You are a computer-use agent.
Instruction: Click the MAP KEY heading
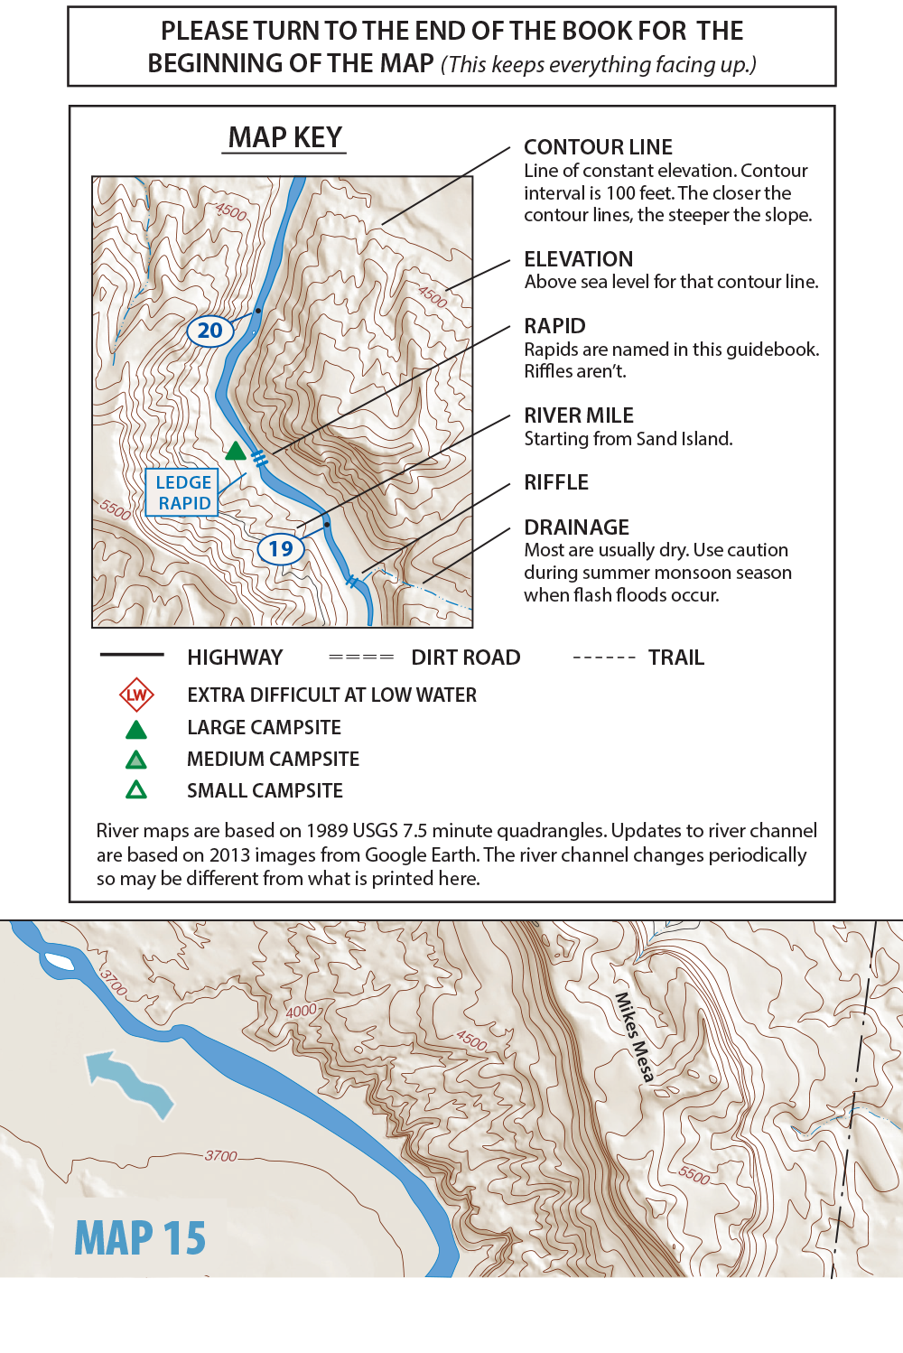click(x=284, y=137)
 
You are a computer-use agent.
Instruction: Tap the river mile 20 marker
click(x=209, y=331)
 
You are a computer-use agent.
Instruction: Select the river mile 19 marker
click(x=281, y=548)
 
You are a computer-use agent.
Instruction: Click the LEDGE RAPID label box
click(x=182, y=492)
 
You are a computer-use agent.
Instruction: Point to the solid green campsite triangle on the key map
click(x=236, y=451)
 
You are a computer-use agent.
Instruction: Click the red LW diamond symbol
click(x=136, y=695)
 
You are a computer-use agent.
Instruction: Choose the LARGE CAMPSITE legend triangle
click(x=136, y=729)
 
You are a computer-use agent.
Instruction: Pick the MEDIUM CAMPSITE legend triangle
click(x=136, y=760)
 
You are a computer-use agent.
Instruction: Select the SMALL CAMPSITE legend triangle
click(x=136, y=790)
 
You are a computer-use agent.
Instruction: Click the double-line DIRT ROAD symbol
click(x=361, y=658)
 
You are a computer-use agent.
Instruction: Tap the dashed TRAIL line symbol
click(x=603, y=658)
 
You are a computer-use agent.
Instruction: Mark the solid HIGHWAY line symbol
click(x=132, y=654)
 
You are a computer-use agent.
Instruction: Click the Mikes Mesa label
click(x=634, y=1037)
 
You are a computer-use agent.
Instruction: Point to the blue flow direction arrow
click(x=129, y=1081)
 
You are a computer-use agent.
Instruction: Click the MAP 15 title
click(x=140, y=1237)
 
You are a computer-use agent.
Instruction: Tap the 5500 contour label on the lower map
click(x=694, y=1174)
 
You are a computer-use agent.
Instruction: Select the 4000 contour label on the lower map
click(x=302, y=1011)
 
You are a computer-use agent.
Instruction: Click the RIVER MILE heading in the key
click(x=579, y=415)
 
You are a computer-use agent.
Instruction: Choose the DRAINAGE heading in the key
click(x=576, y=527)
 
